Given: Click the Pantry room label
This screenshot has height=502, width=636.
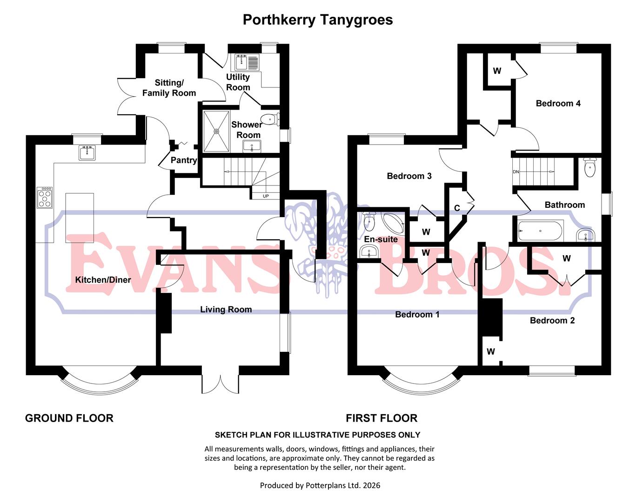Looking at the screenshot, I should (x=184, y=160).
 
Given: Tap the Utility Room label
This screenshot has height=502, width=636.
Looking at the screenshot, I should (x=238, y=82).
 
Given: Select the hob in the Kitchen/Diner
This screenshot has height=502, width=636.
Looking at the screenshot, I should (x=45, y=198).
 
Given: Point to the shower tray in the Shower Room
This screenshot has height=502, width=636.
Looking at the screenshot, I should (x=216, y=132).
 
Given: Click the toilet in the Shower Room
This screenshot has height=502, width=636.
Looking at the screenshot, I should (x=269, y=119).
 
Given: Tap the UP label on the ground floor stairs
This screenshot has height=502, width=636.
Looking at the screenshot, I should (x=266, y=196).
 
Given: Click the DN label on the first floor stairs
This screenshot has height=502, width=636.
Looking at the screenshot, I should (x=515, y=172).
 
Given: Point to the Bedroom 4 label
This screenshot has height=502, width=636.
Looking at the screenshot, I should (x=558, y=104).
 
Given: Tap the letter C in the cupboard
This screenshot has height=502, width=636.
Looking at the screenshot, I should (x=457, y=208).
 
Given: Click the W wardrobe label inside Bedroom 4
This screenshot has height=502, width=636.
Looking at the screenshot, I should (x=497, y=71).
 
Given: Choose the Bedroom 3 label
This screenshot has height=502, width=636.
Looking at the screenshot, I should (x=409, y=176).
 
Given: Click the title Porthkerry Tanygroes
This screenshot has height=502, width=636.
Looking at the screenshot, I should (x=318, y=20).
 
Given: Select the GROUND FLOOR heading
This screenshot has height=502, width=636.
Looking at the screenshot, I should (x=69, y=418).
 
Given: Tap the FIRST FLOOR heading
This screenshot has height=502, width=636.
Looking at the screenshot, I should (x=382, y=418).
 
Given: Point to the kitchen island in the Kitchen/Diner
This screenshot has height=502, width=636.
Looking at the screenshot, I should (x=80, y=218).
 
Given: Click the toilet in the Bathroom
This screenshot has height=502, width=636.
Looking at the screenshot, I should (x=589, y=168).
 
